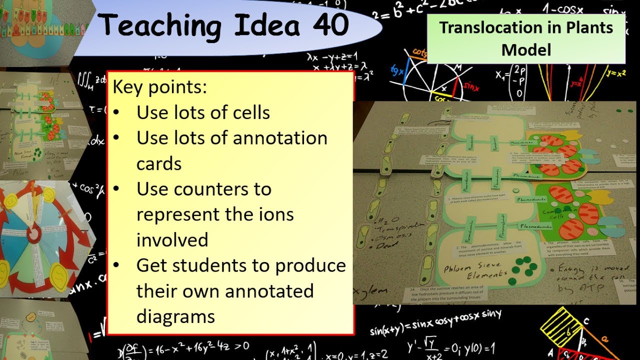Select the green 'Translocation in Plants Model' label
click(x=526, y=38)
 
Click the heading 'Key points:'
click(x=159, y=87)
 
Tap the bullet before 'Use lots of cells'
click(x=116, y=113)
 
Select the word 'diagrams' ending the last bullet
click(x=175, y=316)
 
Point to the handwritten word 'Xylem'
click(x=370, y=291)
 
